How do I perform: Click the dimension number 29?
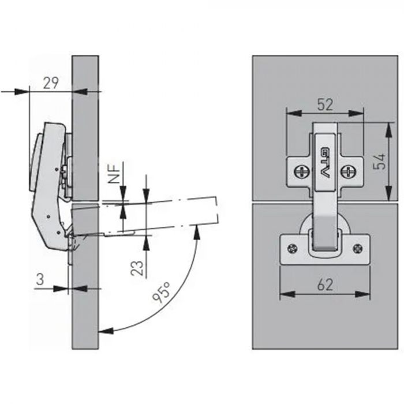51,83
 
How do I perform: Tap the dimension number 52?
325,104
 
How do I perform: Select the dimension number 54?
379,161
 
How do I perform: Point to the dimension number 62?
325,285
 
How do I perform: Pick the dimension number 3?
40,279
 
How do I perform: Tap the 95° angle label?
161,291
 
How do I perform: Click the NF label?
114,173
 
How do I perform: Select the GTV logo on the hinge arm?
326,162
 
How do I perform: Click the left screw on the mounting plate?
300,171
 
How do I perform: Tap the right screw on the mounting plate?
349,171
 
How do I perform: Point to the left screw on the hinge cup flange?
292,249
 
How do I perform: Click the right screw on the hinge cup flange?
358,249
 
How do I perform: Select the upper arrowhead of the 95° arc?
197,233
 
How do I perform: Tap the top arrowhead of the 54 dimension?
388,129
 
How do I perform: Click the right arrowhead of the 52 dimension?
356,113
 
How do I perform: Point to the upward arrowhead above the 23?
146,243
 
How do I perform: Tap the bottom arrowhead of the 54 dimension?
388,193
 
